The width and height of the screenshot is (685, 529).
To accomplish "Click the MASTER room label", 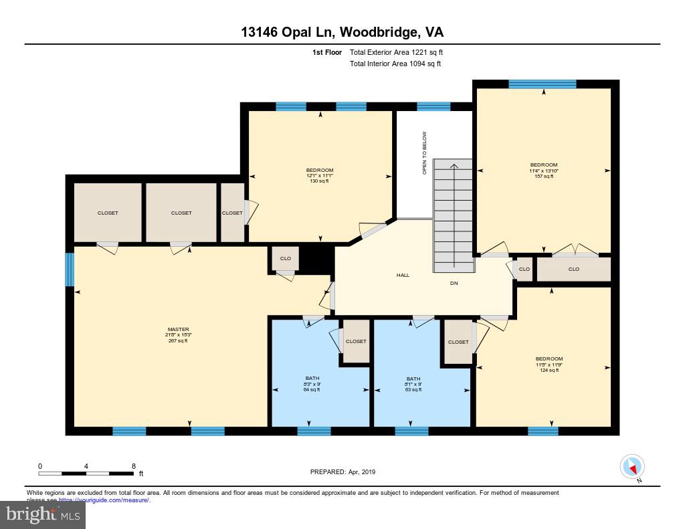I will point(178,329).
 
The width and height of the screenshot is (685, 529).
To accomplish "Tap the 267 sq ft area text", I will point(178,341).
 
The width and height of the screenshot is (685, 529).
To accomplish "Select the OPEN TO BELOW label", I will point(424,153).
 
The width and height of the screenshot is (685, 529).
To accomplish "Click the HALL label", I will point(403,275).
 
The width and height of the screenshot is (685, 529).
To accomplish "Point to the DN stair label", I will point(454,283).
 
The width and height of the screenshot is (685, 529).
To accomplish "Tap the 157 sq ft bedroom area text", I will point(543,177).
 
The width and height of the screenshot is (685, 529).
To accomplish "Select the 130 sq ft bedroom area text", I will point(319,181).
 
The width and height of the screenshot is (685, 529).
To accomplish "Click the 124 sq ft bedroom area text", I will point(549,370).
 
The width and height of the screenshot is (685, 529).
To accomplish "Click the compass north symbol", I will point(632,467).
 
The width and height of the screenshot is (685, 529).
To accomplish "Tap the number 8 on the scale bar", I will point(134,466).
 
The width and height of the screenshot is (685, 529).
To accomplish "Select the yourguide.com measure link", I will point(104,500).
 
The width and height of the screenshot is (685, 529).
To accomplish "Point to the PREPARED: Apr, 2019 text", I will point(343,472).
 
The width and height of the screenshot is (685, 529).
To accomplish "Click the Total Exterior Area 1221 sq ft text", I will point(395,52).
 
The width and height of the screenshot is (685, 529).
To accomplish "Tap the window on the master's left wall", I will point(70,269).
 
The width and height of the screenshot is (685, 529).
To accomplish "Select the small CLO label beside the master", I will point(286,257).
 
